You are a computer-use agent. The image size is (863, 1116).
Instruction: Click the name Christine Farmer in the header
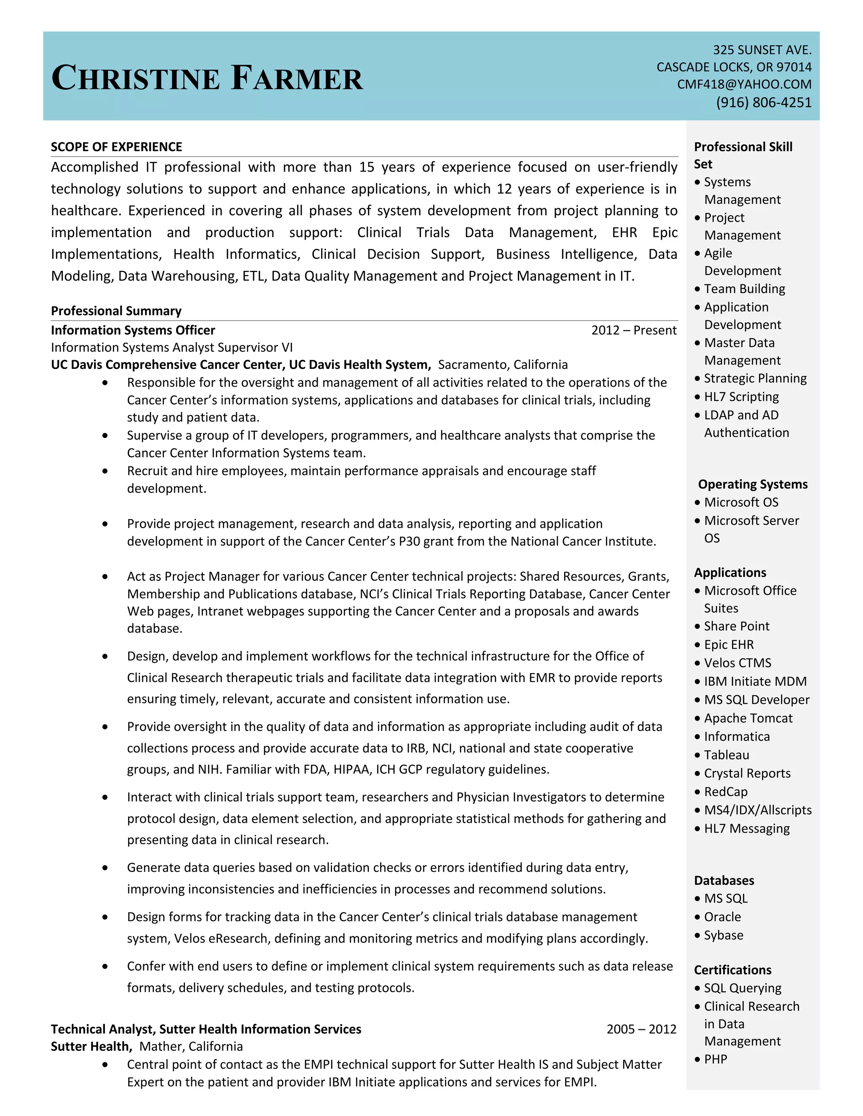[x=207, y=78]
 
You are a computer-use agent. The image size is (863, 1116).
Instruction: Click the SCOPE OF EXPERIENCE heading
[x=117, y=147]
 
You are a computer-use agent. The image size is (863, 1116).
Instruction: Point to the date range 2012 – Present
[x=633, y=330]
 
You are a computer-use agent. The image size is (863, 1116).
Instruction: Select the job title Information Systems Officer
[x=133, y=330]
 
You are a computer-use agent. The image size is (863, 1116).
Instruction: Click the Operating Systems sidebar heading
[x=753, y=484]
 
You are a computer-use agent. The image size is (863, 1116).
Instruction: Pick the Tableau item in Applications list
[x=726, y=755]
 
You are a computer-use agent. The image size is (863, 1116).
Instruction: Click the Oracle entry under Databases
[x=722, y=917]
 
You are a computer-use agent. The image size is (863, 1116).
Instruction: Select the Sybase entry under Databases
[x=724, y=935]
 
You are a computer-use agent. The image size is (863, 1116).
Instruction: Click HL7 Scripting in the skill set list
[x=741, y=397]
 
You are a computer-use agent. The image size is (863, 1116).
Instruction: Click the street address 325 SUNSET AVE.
[x=762, y=50]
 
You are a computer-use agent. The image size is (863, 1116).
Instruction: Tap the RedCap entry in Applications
[x=726, y=792]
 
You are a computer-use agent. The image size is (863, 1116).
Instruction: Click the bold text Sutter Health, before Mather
[x=91, y=1047]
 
